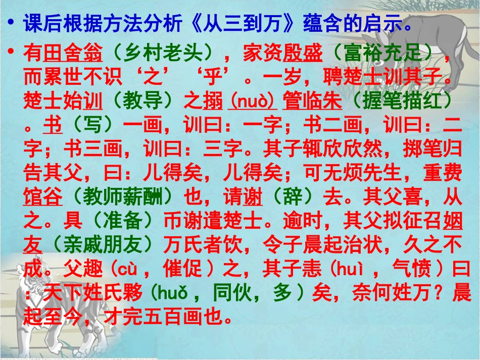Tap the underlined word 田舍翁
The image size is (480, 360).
click(73, 52)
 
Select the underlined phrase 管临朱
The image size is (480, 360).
click(312, 101)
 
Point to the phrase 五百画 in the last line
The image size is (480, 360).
click(174, 318)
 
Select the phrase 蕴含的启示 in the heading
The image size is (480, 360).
click(354, 23)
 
